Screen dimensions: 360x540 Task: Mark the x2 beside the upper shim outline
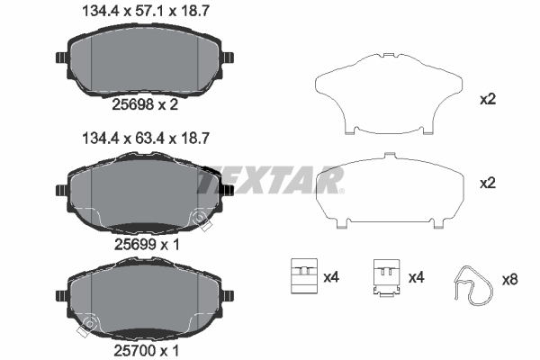pyautogui.click(x=489, y=100)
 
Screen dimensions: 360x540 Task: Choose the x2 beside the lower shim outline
pyautogui.click(x=489, y=183)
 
